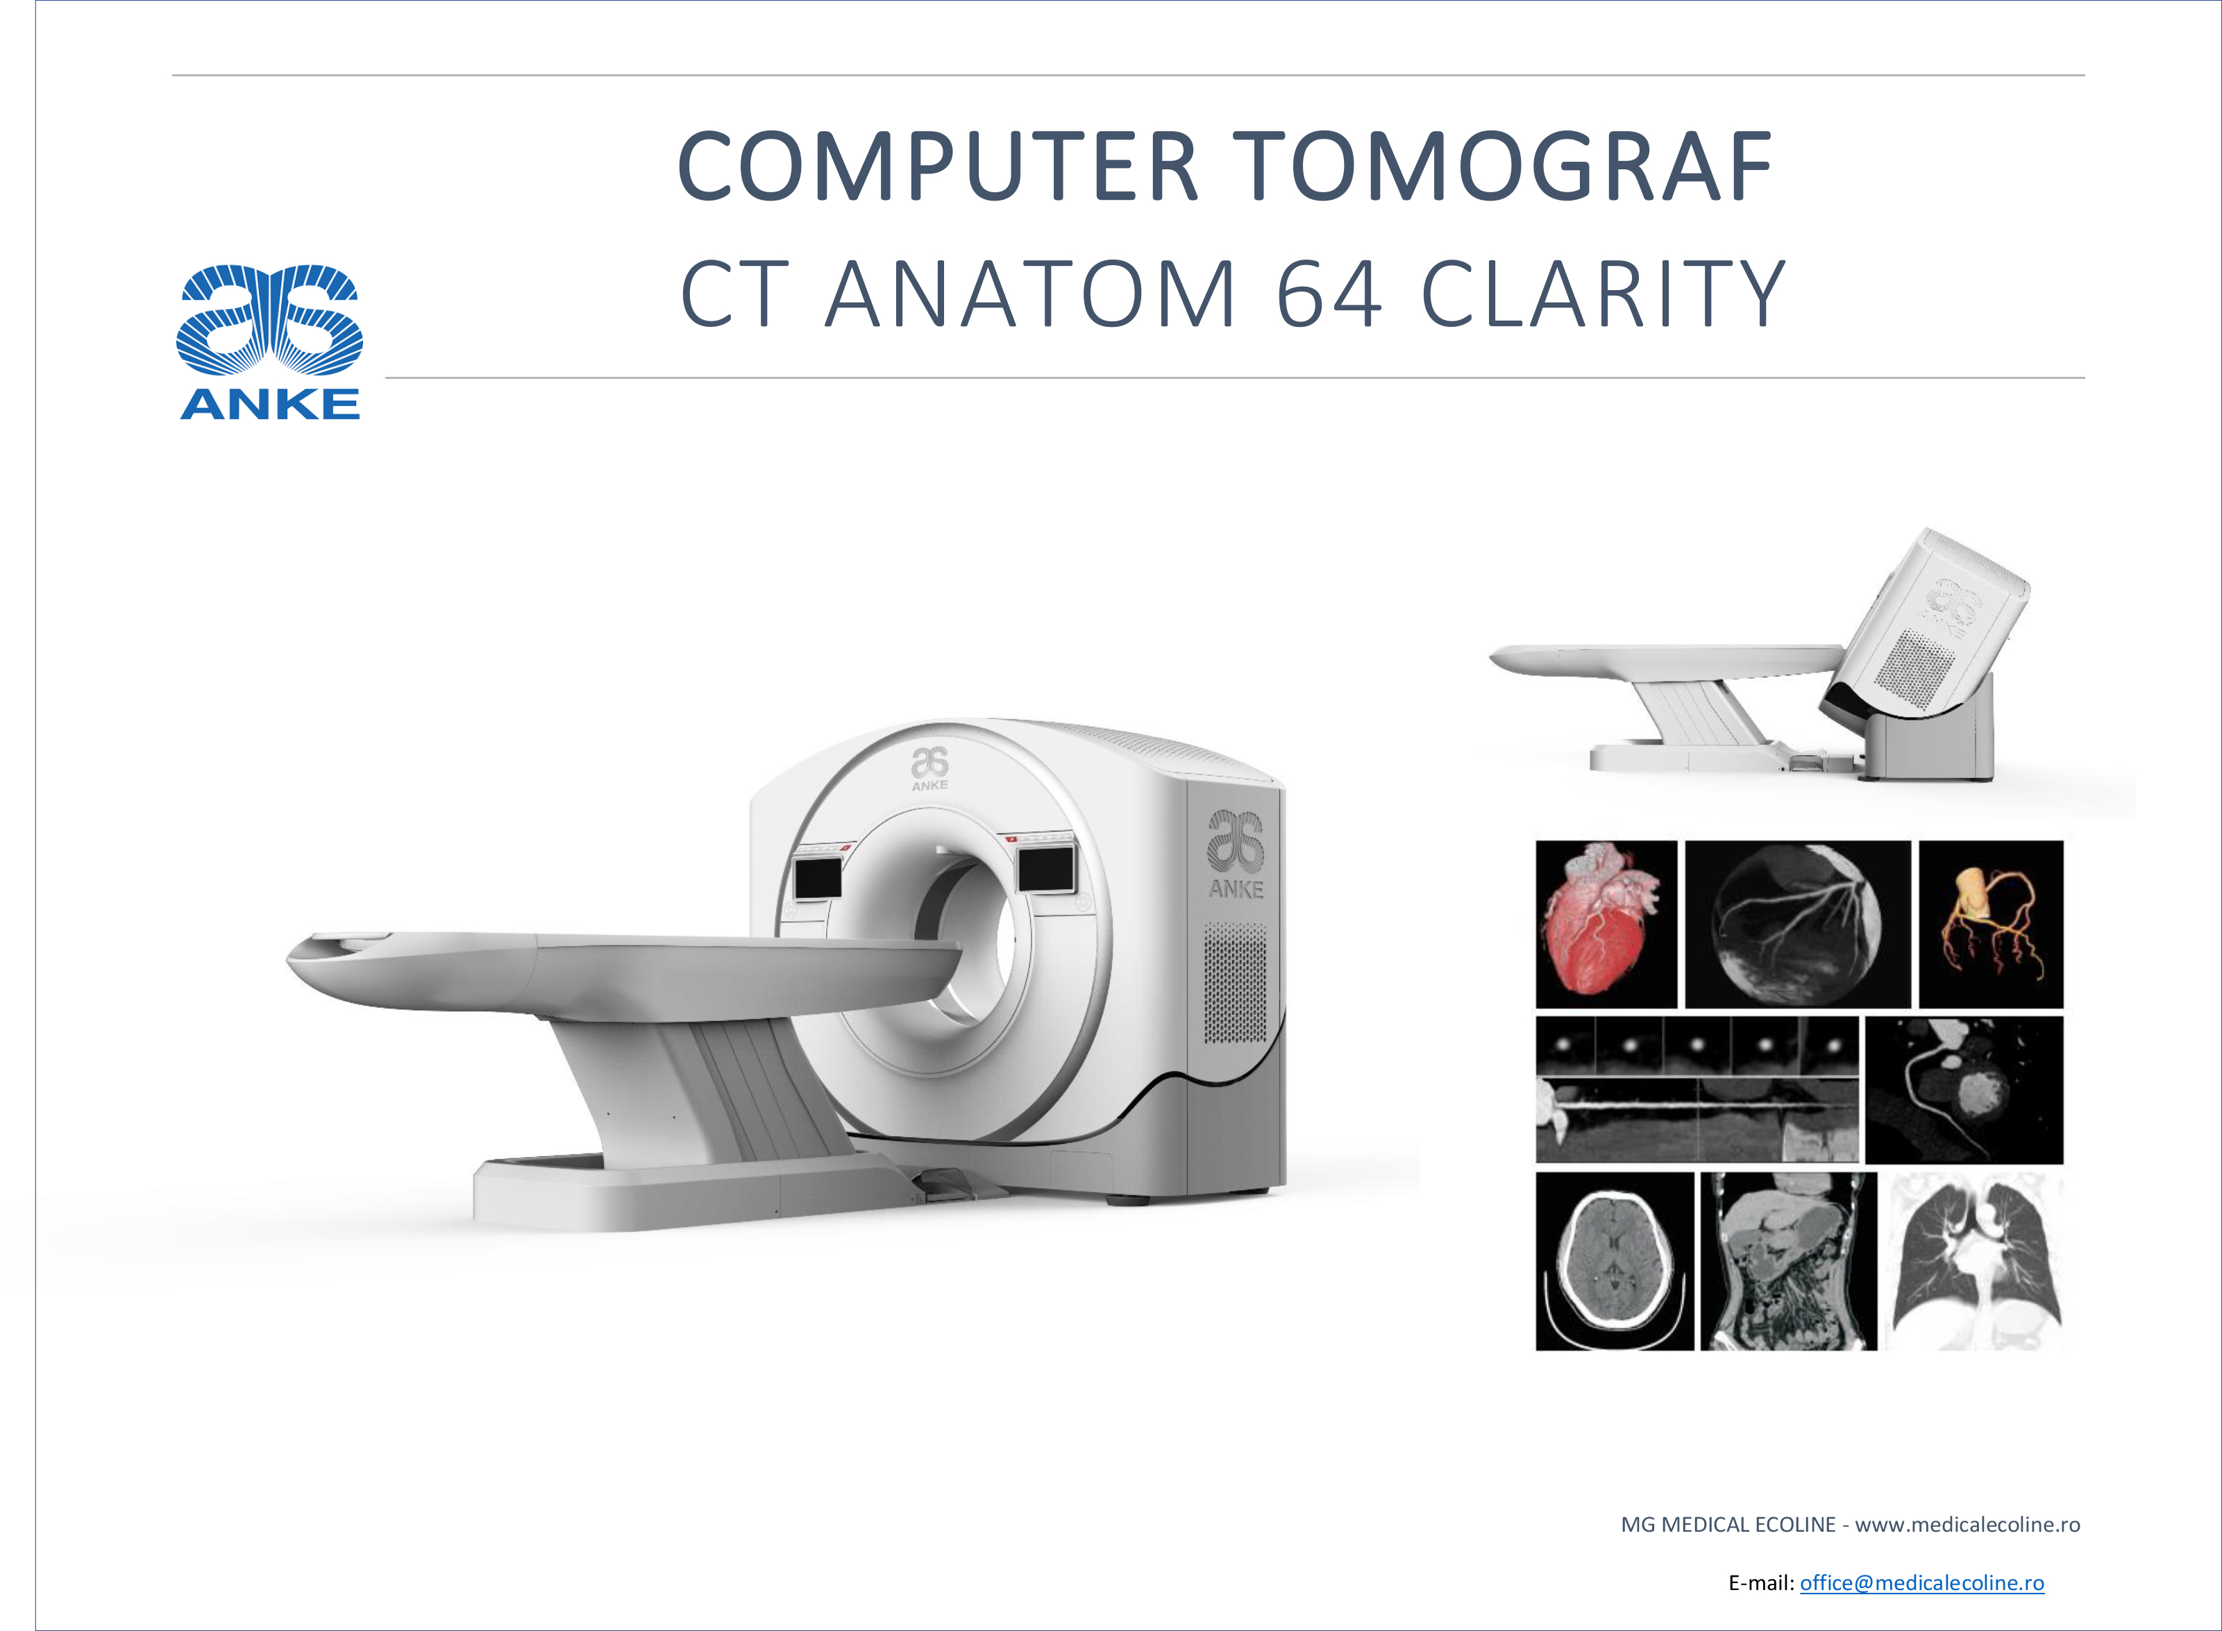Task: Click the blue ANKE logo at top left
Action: (x=269, y=341)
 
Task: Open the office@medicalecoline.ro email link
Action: (x=1922, y=1582)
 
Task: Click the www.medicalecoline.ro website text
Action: (x=1967, y=1524)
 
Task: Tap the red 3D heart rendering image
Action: (x=1606, y=924)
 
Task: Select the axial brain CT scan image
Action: (x=1615, y=1261)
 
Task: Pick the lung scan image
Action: (x=1975, y=1261)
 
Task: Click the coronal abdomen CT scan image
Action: (x=1788, y=1261)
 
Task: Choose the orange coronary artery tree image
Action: (x=1991, y=924)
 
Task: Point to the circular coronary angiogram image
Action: (x=1797, y=924)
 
